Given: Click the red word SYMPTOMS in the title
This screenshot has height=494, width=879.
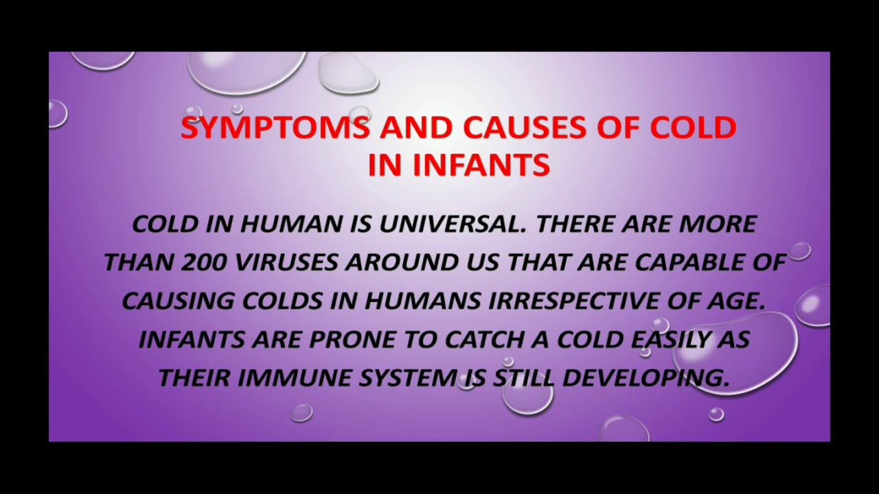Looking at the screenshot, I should click(275, 128).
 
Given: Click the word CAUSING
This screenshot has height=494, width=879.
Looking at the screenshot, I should click(177, 301).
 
